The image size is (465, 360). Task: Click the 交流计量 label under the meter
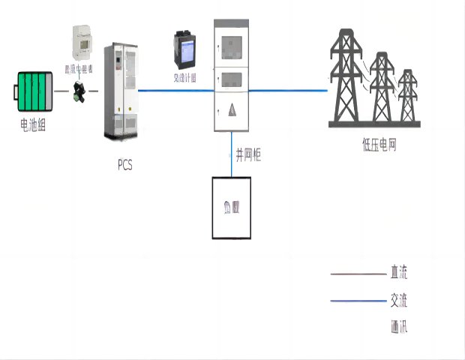pyautogui.click(x=184, y=78)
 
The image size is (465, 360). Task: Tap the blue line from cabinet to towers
pyautogui.click(x=289, y=91)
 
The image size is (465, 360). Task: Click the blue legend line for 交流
pyautogui.click(x=357, y=301)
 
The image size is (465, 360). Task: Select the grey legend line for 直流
pyautogui.click(x=357, y=274)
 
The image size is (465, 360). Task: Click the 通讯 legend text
pyautogui.click(x=398, y=328)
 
